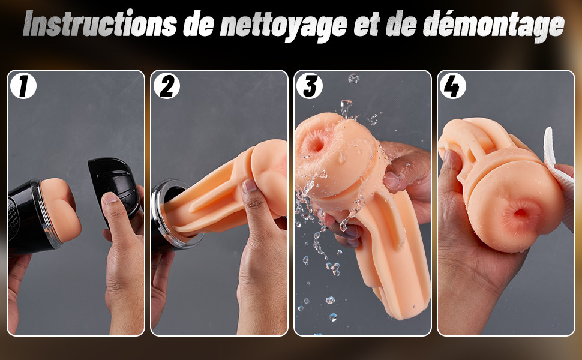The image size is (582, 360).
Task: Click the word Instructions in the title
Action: point(100,24)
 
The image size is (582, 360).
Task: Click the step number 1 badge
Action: point(23,86)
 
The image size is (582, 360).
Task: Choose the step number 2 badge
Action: point(167,86)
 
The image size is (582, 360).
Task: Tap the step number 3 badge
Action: point(310,86)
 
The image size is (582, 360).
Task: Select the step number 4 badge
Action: point(453,86)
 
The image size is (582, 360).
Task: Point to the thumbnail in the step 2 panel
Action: point(250,185)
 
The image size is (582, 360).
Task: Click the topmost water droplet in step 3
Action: point(353,78)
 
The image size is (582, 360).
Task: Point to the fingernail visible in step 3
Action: point(391,181)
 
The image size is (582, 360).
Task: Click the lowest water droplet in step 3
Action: point(334,317)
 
